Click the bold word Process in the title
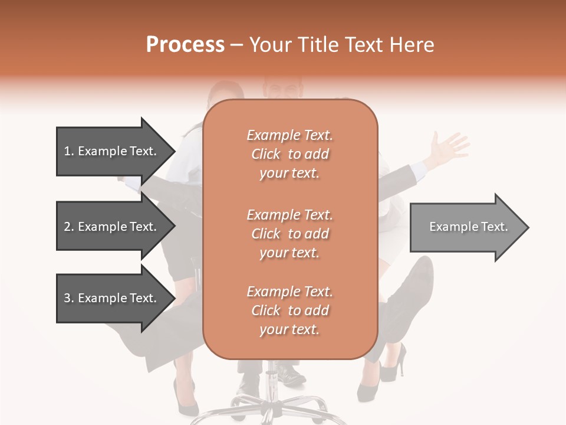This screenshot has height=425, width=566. click(185, 45)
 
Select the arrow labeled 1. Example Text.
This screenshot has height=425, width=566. click(110, 151)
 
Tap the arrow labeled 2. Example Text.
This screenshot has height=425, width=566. click(110, 227)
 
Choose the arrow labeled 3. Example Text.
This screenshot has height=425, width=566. click(110, 298)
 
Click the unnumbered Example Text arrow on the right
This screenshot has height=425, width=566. click(468, 227)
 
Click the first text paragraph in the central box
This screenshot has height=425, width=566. click(289, 154)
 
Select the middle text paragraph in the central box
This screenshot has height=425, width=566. click(289, 233)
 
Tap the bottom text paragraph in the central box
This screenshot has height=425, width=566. click(289, 310)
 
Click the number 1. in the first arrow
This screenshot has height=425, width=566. click(69, 151)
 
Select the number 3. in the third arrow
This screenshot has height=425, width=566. click(69, 298)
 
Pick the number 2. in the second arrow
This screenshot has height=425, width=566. click(69, 227)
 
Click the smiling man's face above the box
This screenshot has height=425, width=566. click(282, 89)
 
